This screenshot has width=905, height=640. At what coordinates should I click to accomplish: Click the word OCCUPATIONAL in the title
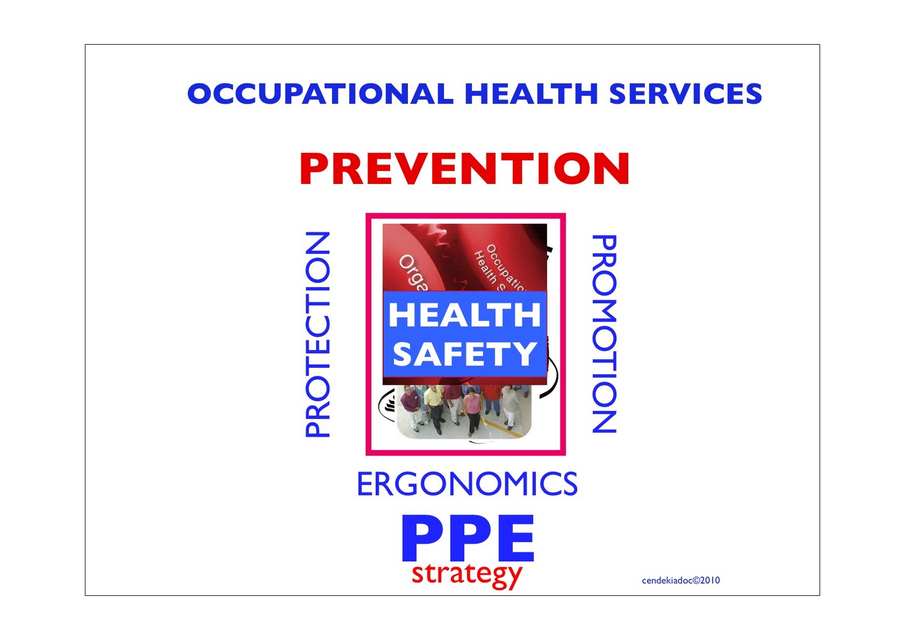pyautogui.click(x=320, y=94)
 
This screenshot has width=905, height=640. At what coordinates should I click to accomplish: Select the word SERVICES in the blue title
pyautogui.click(x=685, y=94)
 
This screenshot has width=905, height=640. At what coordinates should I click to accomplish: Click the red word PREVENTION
pyautogui.click(x=464, y=169)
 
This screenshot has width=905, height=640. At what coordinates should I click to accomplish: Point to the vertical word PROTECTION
pyautogui.click(x=317, y=334)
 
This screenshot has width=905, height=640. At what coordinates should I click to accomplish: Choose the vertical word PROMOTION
pyautogui.click(x=604, y=334)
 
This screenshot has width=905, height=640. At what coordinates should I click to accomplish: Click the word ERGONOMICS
pyautogui.click(x=467, y=484)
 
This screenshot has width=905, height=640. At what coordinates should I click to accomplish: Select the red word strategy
pyautogui.click(x=467, y=574)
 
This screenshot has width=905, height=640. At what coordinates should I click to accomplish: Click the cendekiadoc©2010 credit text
pyautogui.click(x=680, y=580)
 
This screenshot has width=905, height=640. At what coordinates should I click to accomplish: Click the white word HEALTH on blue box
pyautogui.click(x=464, y=315)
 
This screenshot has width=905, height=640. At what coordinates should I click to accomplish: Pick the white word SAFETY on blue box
pyautogui.click(x=464, y=354)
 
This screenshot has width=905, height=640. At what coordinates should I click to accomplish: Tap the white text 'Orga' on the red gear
pyautogui.click(x=413, y=272)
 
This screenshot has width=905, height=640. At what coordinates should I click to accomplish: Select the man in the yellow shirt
pyautogui.click(x=434, y=405)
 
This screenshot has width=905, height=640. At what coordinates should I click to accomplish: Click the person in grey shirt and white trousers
pyautogui.click(x=509, y=405)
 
